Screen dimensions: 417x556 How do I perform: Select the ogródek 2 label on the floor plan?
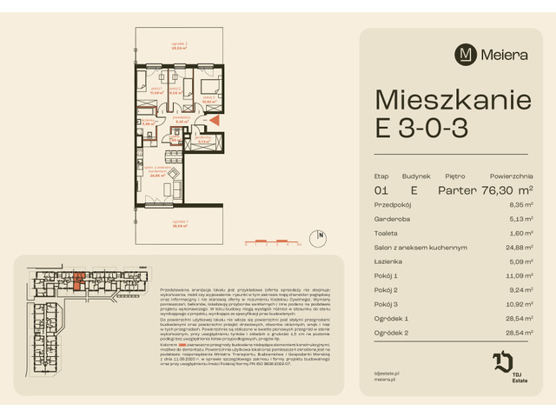[179, 47]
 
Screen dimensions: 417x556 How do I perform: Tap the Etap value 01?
[381, 189]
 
